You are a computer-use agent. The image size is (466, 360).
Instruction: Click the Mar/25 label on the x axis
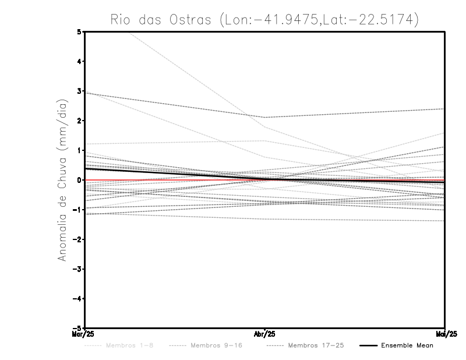point(85,334)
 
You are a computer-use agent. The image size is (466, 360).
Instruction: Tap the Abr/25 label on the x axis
point(265,334)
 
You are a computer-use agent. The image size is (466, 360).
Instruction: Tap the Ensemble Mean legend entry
point(407,345)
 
